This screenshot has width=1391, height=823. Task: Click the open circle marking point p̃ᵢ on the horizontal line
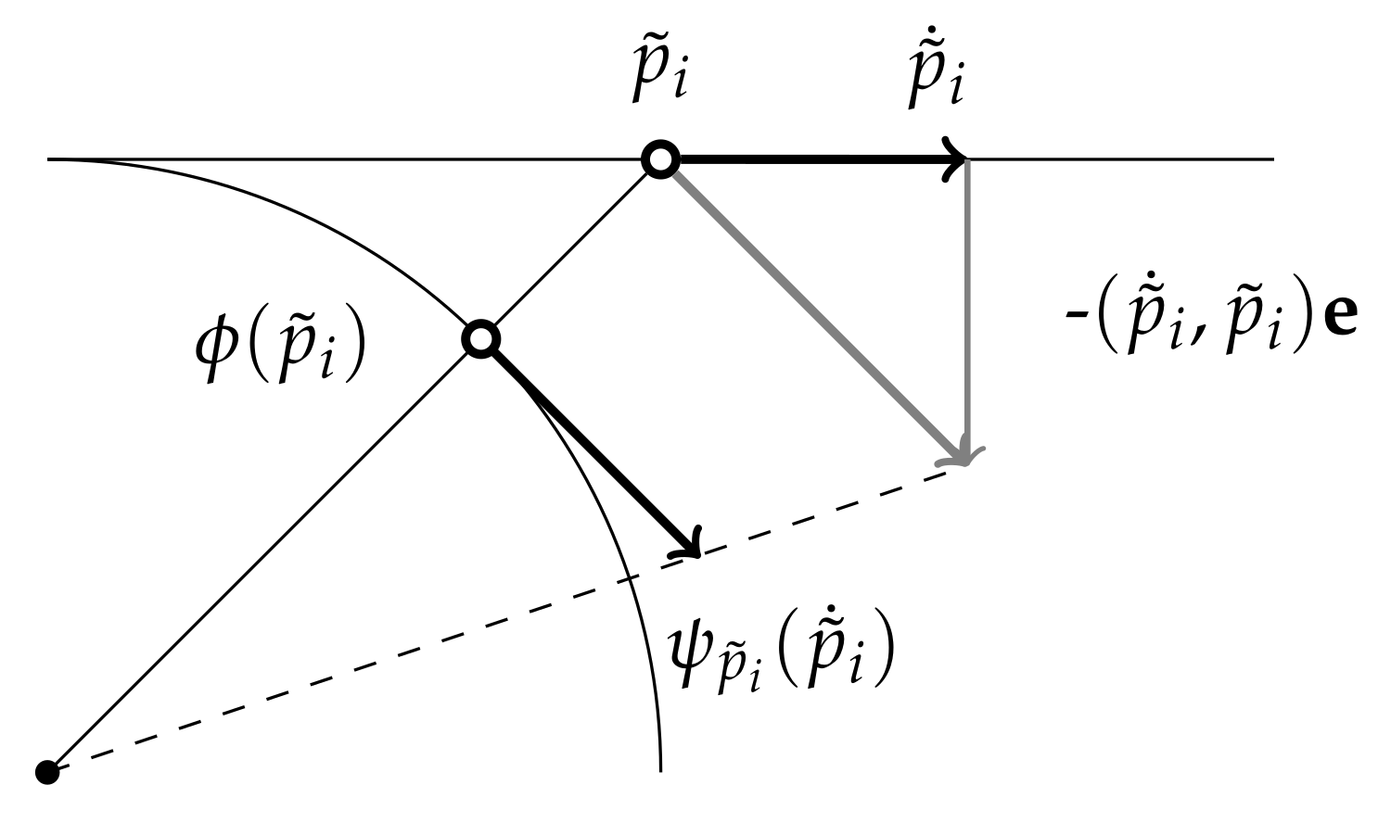click(660, 160)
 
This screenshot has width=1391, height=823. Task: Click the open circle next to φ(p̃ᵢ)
click(480, 339)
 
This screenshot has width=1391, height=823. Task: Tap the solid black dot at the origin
click(46, 770)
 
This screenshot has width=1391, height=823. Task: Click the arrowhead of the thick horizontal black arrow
click(955, 160)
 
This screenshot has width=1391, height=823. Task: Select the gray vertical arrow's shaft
click(967, 297)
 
